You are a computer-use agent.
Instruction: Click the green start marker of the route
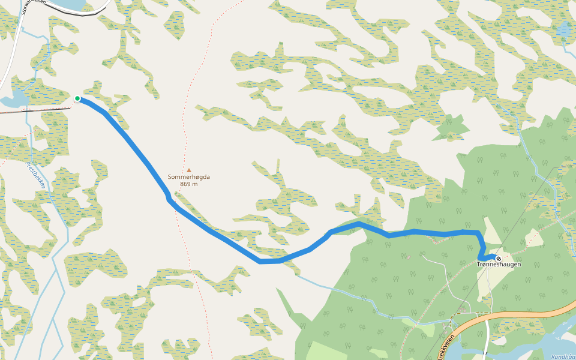77,98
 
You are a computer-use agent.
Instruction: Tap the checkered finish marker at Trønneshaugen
499,259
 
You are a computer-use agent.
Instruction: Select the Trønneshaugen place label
499,265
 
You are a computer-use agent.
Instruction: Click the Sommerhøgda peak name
189,177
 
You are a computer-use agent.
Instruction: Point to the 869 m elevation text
189,184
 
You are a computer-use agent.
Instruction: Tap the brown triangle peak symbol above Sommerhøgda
189,170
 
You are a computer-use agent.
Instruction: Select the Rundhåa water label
563,356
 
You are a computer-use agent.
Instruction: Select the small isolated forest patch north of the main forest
453,125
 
